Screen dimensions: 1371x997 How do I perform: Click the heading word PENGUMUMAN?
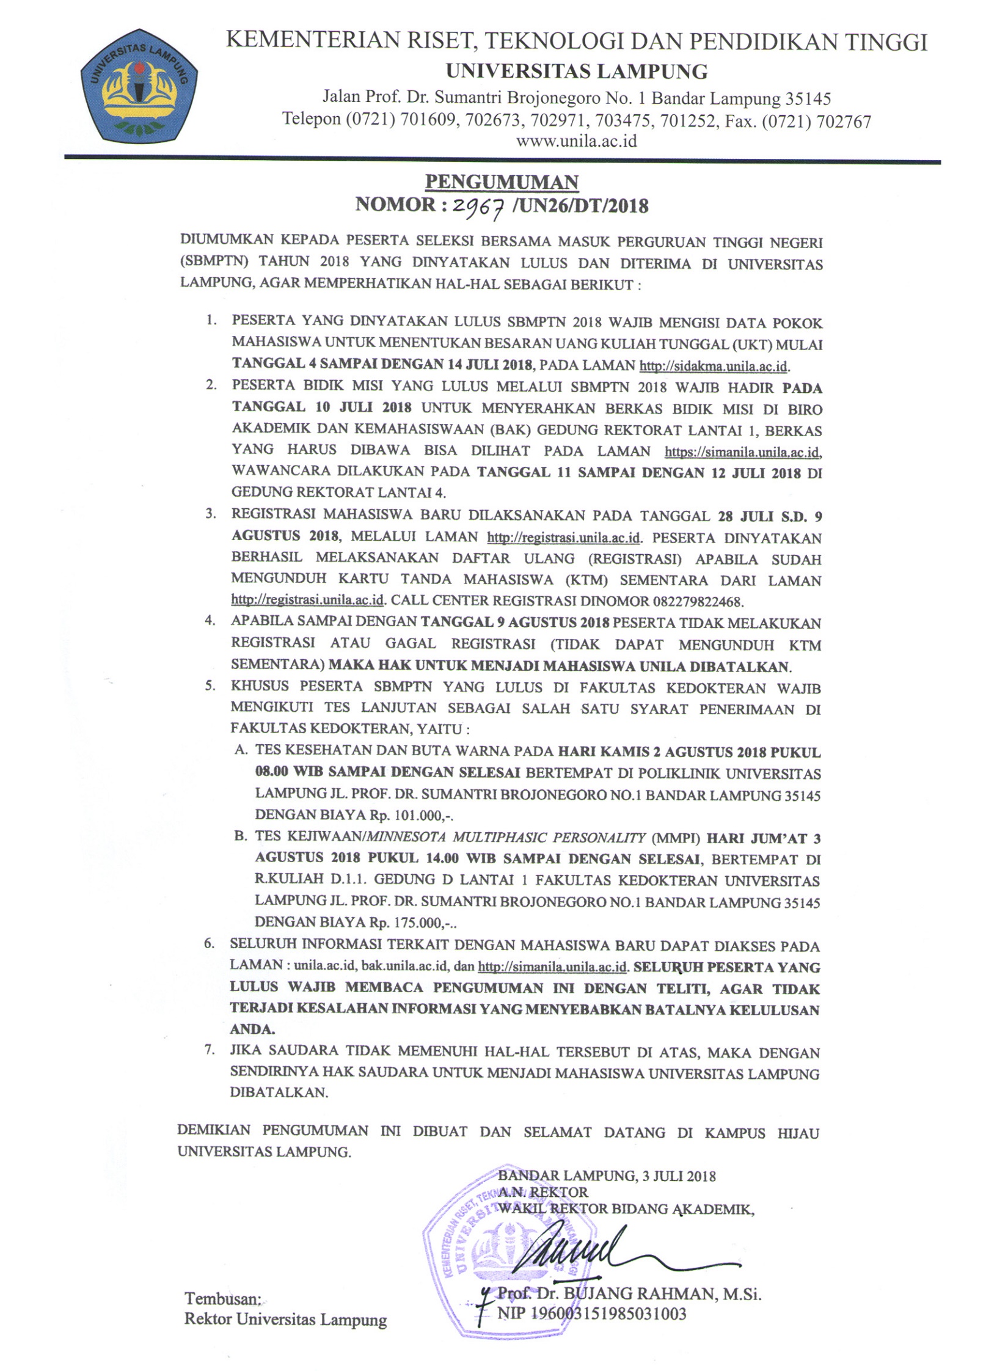502,181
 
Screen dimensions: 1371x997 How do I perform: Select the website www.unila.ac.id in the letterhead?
577,141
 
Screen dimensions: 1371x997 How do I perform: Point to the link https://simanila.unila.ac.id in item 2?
742,452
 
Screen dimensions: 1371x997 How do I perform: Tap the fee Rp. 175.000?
412,921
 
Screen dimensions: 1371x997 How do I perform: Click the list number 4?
211,621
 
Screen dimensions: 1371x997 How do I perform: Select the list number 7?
210,1050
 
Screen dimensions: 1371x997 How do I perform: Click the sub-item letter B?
241,836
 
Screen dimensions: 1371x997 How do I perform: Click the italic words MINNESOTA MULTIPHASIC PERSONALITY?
506,837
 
